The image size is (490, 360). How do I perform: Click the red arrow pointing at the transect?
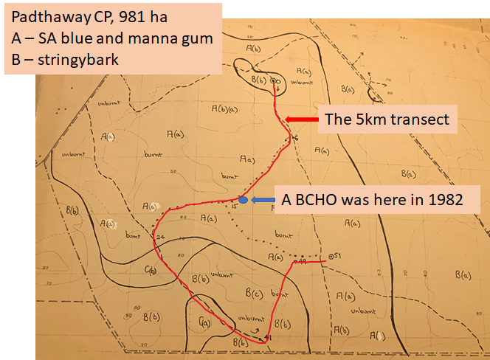click(x=300, y=120)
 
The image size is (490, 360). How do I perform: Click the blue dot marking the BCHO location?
click(x=244, y=200)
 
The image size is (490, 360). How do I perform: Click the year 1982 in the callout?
click(x=443, y=199)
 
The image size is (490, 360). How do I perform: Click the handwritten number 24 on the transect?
click(x=161, y=237)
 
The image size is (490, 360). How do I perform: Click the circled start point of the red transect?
click(x=275, y=80)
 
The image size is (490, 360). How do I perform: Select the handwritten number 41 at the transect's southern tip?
click(x=268, y=338)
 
